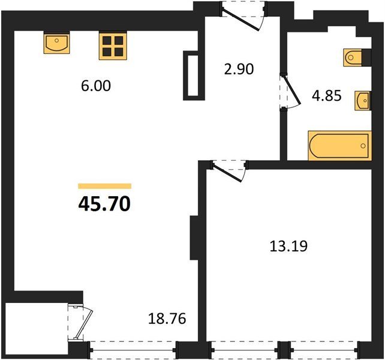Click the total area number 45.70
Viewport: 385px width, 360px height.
tap(104, 205)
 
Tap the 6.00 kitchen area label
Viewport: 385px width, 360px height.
tap(96, 86)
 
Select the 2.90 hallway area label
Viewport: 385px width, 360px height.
tap(239, 69)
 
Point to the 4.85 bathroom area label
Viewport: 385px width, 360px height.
tap(327, 95)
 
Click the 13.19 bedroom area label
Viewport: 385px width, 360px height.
tap(288, 246)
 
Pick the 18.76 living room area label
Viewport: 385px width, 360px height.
tap(167, 319)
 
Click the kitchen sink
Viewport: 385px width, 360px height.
tap(57, 44)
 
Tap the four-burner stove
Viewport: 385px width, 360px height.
tap(113, 46)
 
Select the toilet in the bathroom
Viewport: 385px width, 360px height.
tap(353, 58)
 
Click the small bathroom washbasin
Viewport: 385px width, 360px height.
tap(362, 101)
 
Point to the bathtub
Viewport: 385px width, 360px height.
tap(339, 146)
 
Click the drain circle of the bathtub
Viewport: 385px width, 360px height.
tap(363, 146)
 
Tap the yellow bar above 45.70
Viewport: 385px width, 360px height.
tap(104, 186)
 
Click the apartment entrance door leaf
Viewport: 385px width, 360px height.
tap(240, 19)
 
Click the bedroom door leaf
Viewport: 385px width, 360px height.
tap(227, 173)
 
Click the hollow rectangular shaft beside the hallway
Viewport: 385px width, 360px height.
tap(194, 76)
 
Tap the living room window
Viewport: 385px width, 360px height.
tap(133, 350)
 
